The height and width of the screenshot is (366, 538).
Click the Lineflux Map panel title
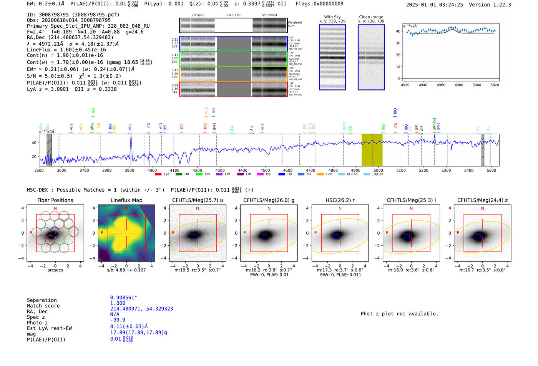click(126, 200)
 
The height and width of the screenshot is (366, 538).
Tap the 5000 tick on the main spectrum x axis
click(378, 171)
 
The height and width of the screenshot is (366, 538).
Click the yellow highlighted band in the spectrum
click(372, 150)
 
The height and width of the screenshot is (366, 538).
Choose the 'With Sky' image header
click(332, 17)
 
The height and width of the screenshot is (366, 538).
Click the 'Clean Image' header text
click(371, 17)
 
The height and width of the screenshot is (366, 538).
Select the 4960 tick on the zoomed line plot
click(441, 85)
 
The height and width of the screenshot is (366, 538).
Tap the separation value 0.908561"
click(123, 298)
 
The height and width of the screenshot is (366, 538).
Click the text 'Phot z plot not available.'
click(399, 314)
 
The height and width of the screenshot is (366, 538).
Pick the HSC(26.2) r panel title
click(340, 200)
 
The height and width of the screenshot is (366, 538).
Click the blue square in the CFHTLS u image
click(193, 237)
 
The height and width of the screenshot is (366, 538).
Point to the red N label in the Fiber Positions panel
click(55, 208)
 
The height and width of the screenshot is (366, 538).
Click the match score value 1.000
click(118, 303)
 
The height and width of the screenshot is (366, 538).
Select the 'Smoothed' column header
click(269, 15)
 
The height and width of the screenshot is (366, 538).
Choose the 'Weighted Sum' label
click(295, 24)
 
